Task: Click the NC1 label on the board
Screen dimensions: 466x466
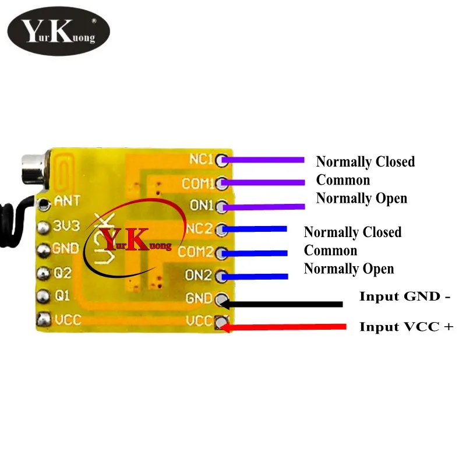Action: tap(202, 159)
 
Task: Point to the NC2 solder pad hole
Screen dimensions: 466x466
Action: tap(221, 229)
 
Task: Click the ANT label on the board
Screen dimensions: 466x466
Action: tap(66, 202)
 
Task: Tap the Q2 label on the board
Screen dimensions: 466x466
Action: tap(63, 272)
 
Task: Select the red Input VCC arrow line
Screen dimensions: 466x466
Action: tap(285, 327)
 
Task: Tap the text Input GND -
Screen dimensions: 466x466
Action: tap(405, 296)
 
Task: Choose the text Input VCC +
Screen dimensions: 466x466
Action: tap(406, 326)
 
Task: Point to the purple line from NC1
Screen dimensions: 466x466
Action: tap(265, 160)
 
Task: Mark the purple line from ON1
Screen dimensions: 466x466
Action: tap(265, 206)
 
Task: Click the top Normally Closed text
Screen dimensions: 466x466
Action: tap(365, 161)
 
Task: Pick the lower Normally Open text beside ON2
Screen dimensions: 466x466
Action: tap(349, 269)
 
